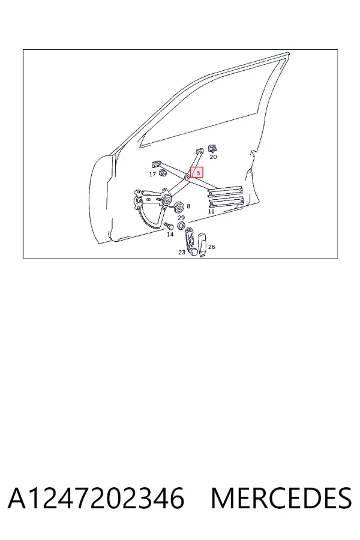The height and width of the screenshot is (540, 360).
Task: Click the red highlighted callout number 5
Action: [x=198, y=173]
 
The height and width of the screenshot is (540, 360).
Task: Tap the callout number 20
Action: [x=213, y=157]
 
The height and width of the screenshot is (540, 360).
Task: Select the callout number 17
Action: [x=152, y=174]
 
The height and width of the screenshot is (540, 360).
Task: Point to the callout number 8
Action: [x=188, y=206]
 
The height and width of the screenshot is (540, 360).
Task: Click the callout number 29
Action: [x=181, y=218]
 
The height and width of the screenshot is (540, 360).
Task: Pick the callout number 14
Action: [x=170, y=235]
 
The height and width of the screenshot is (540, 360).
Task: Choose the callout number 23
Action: [x=182, y=253]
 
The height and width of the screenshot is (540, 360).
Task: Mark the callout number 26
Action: [x=212, y=247]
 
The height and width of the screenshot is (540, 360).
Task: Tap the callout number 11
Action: [x=211, y=211]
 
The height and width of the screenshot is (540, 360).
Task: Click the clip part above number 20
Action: [x=213, y=149]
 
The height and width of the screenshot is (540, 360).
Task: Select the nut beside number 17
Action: [x=163, y=173]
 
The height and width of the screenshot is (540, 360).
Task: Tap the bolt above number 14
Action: [x=169, y=226]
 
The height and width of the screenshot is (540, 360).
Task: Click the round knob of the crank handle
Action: [x=194, y=252]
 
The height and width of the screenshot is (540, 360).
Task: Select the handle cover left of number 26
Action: [x=203, y=245]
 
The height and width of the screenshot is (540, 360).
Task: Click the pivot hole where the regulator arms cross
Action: [x=188, y=178]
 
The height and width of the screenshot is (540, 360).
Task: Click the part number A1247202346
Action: [x=96, y=499]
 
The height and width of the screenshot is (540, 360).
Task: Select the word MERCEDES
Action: [x=281, y=499]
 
